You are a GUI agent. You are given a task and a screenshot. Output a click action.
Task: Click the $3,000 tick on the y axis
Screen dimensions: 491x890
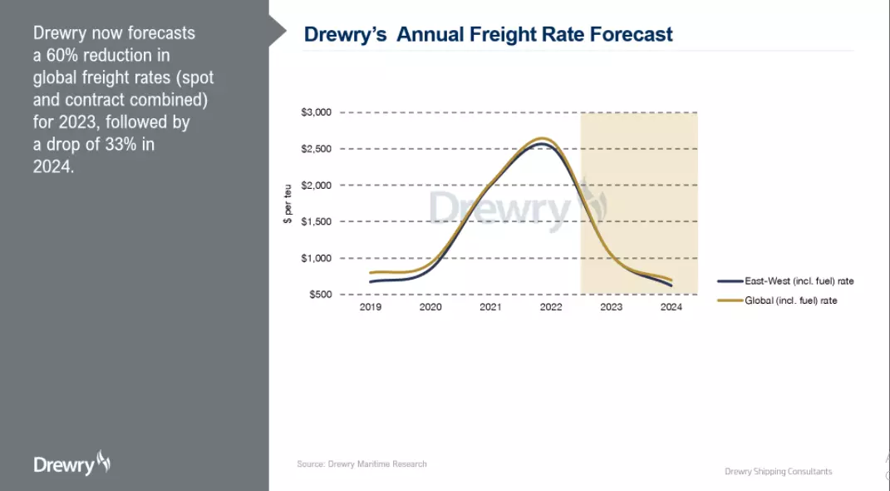316,112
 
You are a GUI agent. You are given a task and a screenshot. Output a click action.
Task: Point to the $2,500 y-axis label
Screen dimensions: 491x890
316,149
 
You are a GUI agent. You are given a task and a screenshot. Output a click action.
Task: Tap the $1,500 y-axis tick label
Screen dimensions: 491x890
316,221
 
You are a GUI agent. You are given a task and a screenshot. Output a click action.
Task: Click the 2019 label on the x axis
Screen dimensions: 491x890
370,307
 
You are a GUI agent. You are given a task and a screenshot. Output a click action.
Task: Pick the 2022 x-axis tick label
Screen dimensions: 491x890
551,307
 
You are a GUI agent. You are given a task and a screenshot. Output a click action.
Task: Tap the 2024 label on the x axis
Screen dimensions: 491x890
671,307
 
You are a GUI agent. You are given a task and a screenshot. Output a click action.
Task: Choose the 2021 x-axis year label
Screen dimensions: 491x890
490,307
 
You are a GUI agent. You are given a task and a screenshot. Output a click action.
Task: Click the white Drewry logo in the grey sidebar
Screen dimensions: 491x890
71,464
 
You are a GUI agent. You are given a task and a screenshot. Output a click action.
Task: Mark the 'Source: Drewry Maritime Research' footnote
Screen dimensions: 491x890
361,464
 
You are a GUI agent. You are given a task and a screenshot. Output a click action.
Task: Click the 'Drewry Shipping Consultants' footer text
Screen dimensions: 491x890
778,472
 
